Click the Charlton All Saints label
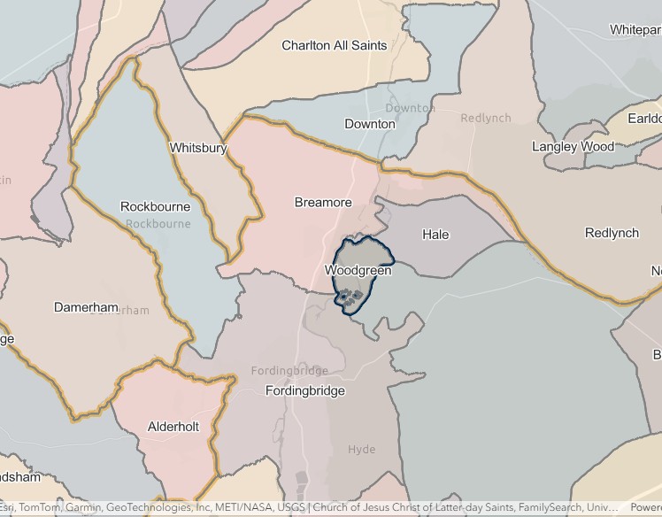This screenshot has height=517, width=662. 334,45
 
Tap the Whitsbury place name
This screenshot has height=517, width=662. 197,148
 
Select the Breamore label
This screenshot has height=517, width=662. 323,203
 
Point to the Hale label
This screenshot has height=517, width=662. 435,235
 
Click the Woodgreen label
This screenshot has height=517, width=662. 358,270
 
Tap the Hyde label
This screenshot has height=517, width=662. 361,450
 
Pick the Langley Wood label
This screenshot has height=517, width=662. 573,146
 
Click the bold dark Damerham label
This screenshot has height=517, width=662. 86,307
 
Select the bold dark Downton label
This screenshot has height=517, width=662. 369,124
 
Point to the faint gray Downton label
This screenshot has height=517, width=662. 410,108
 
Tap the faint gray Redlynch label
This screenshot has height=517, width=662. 486,118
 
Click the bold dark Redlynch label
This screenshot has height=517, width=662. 612,233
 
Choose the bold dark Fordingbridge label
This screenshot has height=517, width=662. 305,390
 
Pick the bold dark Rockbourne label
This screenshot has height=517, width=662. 155,206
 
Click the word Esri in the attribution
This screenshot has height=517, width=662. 6,508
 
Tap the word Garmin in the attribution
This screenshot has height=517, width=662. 81,508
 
